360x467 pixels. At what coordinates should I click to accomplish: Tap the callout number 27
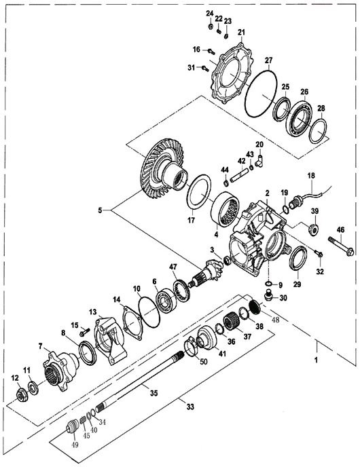268,60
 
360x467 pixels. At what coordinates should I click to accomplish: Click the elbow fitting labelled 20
259,161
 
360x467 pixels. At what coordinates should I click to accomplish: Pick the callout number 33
190,406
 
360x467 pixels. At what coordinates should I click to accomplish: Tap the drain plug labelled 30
269,297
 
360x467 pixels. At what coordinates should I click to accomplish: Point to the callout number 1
317,360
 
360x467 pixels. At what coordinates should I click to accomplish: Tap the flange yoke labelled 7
60,371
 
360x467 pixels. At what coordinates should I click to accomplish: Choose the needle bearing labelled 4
225,208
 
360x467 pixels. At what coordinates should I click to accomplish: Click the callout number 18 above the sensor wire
311,175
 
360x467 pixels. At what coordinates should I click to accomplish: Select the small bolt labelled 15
85,332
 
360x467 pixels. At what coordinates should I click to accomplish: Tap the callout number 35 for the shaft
154,393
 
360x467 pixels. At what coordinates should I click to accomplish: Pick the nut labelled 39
314,229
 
